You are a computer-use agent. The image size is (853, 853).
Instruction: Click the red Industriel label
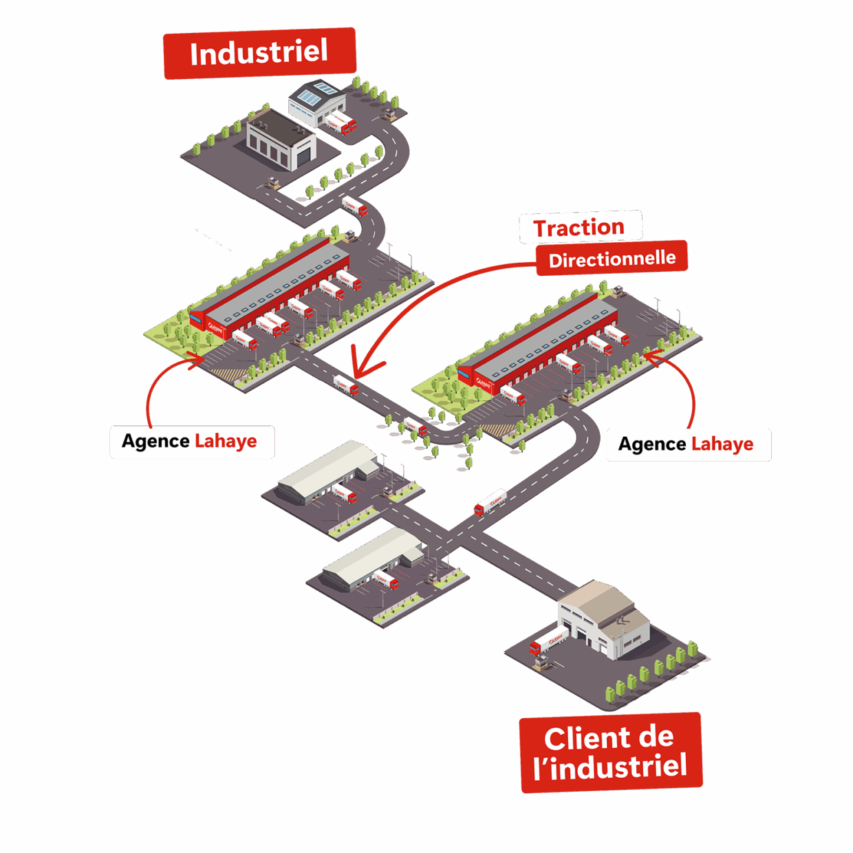click(x=259, y=53)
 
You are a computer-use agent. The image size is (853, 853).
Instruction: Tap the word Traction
click(x=579, y=228)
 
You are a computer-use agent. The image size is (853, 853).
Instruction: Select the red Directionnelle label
click(x=612, y=259)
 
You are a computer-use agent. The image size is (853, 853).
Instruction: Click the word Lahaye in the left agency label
click(x=226, y=441)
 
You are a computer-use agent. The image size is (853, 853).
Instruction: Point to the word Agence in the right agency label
click(x=652, y=444)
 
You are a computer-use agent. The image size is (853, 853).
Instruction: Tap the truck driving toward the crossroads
click(x=490, y=501)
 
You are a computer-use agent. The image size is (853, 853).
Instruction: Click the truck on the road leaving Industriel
click(x=354, y=206)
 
